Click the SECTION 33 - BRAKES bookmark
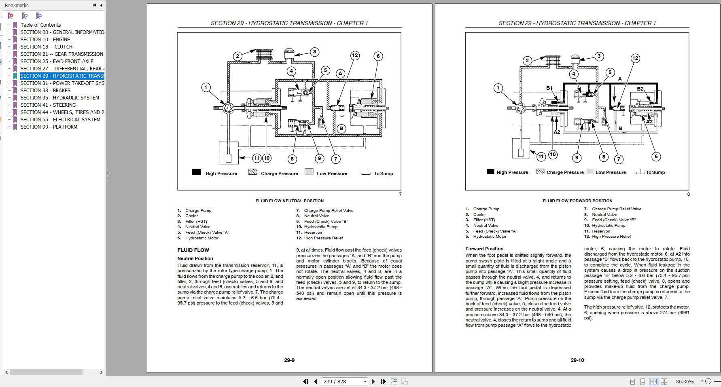tap(45, 90)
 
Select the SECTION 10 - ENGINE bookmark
tap(45, 39)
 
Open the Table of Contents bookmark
tap(40, 25)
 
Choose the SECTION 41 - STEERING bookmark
tap(48, 105)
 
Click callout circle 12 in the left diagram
tap(355, 55)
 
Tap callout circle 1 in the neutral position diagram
tap(206, 87)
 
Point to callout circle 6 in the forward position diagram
tap(656, 156)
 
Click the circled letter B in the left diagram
tap(341, 129)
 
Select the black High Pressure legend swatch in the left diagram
tap(196, 172)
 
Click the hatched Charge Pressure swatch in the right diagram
tap(540, 171)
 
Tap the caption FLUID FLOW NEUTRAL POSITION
tap(289, 201)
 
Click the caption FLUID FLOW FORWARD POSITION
tap(577, 201)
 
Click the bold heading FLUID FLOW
tap(193, 250)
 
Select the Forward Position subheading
tap(484, 249)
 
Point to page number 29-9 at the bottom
tap(289, 360)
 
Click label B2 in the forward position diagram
tap(640, 89)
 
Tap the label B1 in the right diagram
tap(549, 88)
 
